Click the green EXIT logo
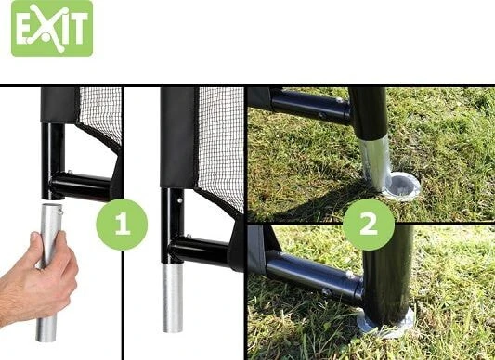click(x=52, y=29)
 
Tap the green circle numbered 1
click(x=122, y=225)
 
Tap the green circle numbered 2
click(x=369, y=225)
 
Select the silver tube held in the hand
click(x=48, y=271)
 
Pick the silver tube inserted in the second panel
click(x=173, y=297)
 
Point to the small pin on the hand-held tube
click(x=60, y=210)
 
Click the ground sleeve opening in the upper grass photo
click(x=404, y=186)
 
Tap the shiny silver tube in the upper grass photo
click(x=374, y=162)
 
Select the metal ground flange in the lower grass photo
click(x=385, y=324)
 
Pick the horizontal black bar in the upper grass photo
click(x=311, y=106)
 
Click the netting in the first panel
click(x=100, y=113)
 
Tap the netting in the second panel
click(x=221, y=145)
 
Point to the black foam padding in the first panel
click(x=59, y=105)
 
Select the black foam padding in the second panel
click(x=178, y=137)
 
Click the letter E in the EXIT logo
click(x=23, y=29)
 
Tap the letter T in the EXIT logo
click(x=79, y=29)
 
